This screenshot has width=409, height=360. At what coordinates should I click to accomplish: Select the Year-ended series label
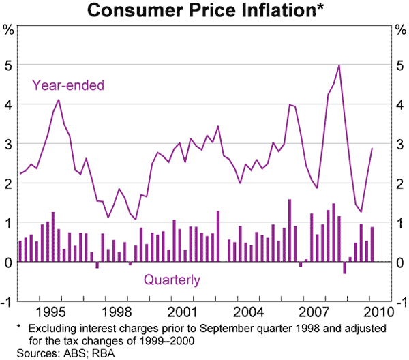[67, 86]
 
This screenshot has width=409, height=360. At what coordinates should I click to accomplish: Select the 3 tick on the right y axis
[400, 145]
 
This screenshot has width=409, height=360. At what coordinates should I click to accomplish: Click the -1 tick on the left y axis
[7, 302]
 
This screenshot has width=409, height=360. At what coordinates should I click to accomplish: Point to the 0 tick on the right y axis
[400, 262]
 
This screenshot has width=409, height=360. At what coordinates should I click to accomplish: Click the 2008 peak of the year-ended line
[339, 65]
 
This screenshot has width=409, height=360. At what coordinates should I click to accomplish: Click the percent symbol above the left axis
[9, 29]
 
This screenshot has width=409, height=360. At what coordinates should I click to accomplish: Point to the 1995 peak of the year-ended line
[59, 100]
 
